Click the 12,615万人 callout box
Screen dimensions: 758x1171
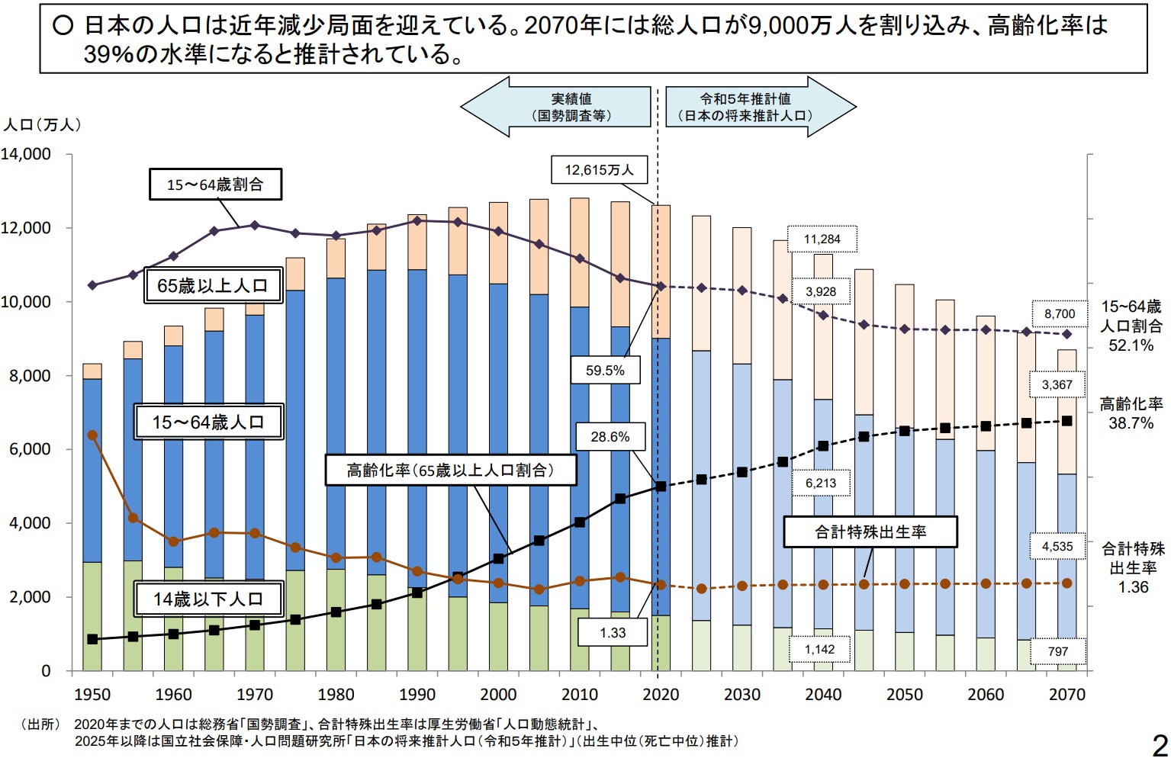point(599,170)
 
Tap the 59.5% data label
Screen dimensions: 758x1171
point(605,371)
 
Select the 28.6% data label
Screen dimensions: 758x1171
point(610,437)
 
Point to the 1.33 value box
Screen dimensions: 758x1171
point(613,633)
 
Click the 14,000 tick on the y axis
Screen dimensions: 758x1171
point(26,154)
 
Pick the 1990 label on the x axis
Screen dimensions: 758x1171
point(417,695)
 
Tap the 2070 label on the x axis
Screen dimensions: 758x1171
point(1066,695)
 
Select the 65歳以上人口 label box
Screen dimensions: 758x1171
point(213,286)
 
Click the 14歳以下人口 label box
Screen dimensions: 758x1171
point(208,599)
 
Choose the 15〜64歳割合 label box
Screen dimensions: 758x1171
point(215,185)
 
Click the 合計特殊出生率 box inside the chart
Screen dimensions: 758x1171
point(870,532)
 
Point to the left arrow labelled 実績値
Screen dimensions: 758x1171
point(557,108)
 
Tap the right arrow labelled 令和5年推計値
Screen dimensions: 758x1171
point(760,108)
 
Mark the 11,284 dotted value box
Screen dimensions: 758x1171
point(822,239)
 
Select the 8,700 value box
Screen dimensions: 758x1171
point(1060,314)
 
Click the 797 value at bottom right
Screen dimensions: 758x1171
point(1058,651)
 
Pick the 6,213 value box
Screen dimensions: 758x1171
point(821,483)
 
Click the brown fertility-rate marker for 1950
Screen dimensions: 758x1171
point(92,435)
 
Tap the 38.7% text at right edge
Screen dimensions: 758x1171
point(1131,423)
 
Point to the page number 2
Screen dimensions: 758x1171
point(1159,744)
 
